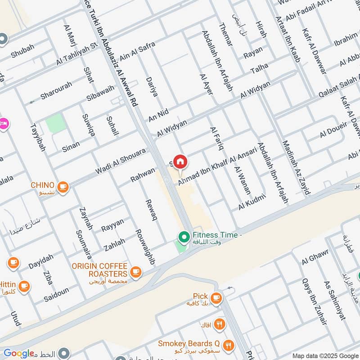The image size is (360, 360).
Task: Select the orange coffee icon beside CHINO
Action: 63,186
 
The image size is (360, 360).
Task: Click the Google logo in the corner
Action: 19,353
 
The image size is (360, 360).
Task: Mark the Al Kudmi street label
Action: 252,201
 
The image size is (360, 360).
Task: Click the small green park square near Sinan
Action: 55,123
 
